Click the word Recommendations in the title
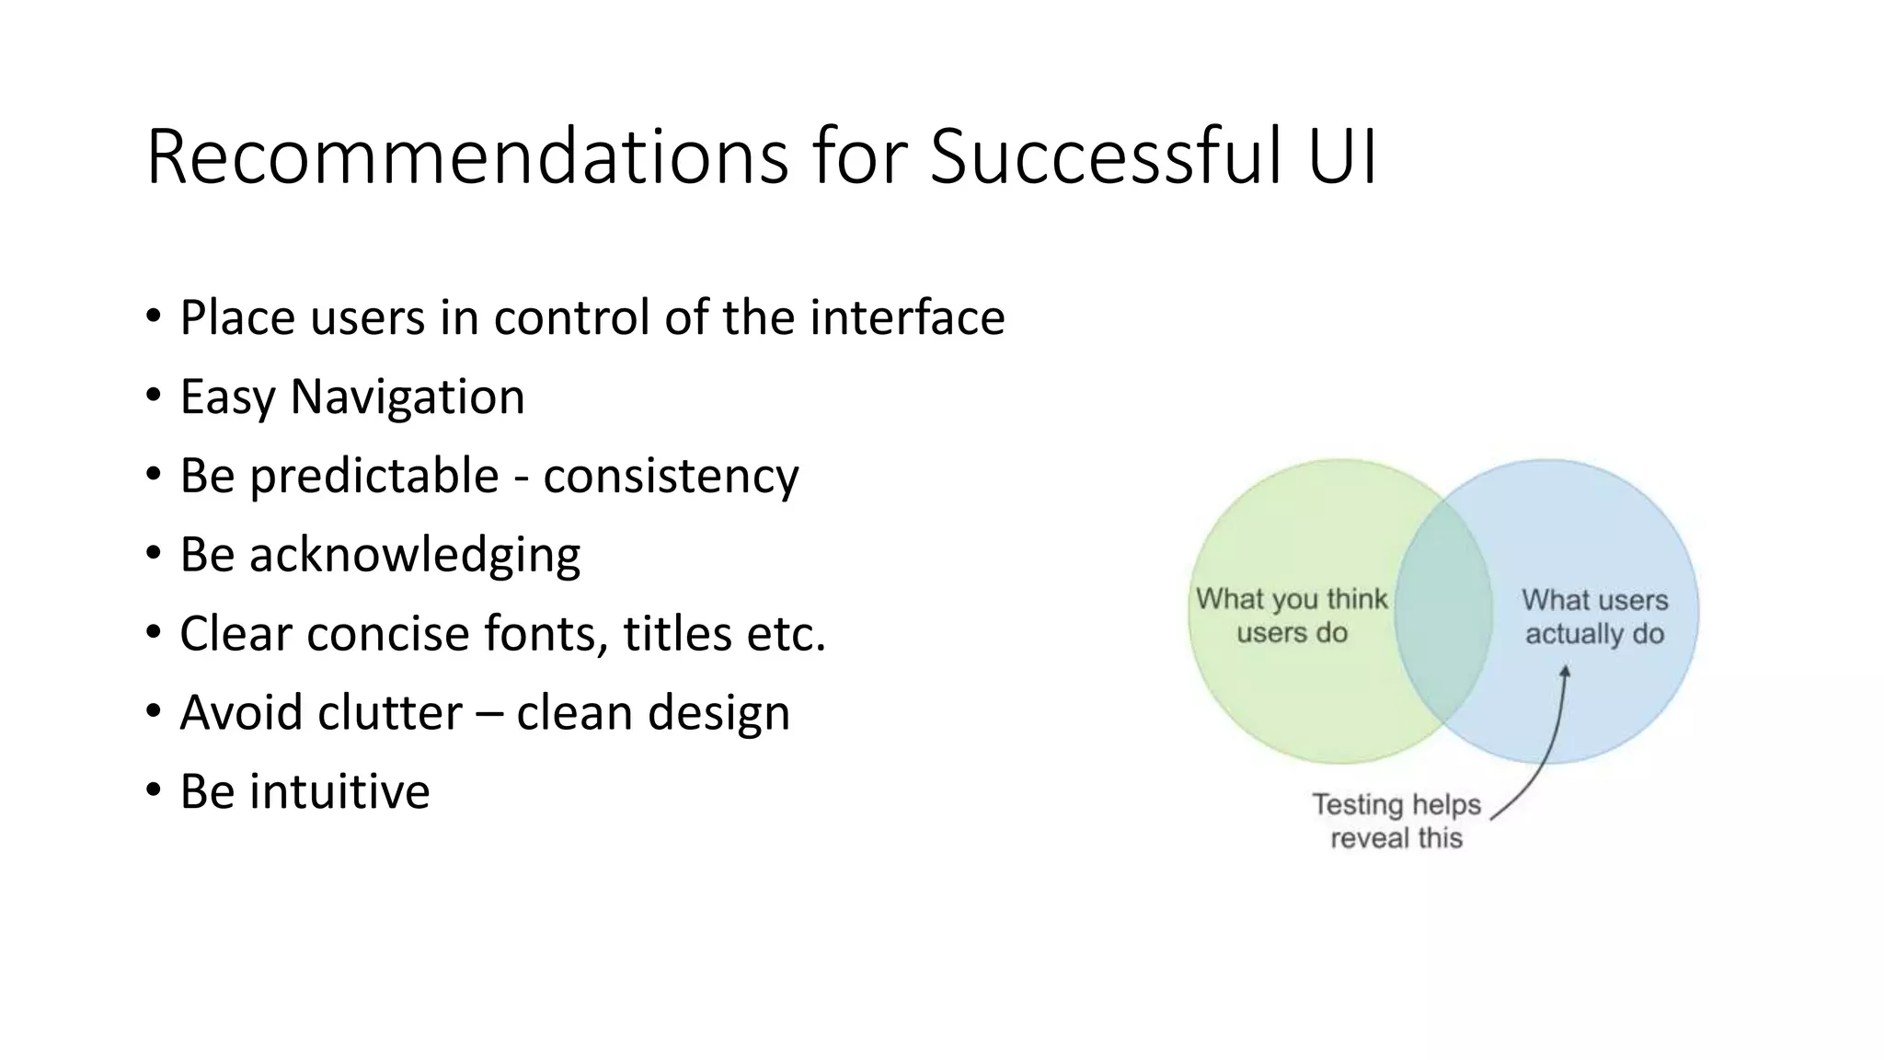point(466,156)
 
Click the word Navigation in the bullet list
point(407,397)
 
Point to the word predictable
point(373,477)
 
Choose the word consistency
point(671,477)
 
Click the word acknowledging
point(414,556)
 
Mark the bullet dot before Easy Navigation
point(153,397)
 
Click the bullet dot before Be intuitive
point(153,791)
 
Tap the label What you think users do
point(1291,616)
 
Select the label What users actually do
point(1594,616)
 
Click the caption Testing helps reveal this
point(1396,821)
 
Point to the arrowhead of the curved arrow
point(1565,673)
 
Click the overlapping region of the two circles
point(1442,611)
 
